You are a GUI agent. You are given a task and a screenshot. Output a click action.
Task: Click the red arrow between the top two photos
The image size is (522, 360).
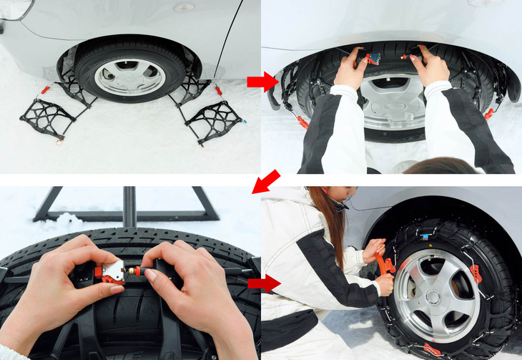[262, 82]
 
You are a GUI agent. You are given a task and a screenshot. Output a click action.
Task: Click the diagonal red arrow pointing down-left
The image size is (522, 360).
[265, 182]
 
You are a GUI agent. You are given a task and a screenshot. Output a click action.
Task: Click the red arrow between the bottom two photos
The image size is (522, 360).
[263, 283]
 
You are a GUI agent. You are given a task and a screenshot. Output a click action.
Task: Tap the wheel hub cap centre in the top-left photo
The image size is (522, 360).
[129, 77]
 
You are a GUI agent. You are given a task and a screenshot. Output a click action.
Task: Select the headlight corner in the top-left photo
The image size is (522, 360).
[14, 8]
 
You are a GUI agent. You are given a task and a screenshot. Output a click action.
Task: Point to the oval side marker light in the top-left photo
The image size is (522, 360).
[184, 7]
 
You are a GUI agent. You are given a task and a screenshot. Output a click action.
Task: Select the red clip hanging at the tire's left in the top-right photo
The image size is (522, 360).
[302, 122]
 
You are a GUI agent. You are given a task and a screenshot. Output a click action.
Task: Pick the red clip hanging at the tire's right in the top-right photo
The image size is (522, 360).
[489, 113]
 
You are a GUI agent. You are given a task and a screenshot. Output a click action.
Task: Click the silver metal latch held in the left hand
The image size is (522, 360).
[112, 270]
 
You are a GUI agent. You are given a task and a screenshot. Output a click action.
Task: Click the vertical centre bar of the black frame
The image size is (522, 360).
[129, 207]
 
